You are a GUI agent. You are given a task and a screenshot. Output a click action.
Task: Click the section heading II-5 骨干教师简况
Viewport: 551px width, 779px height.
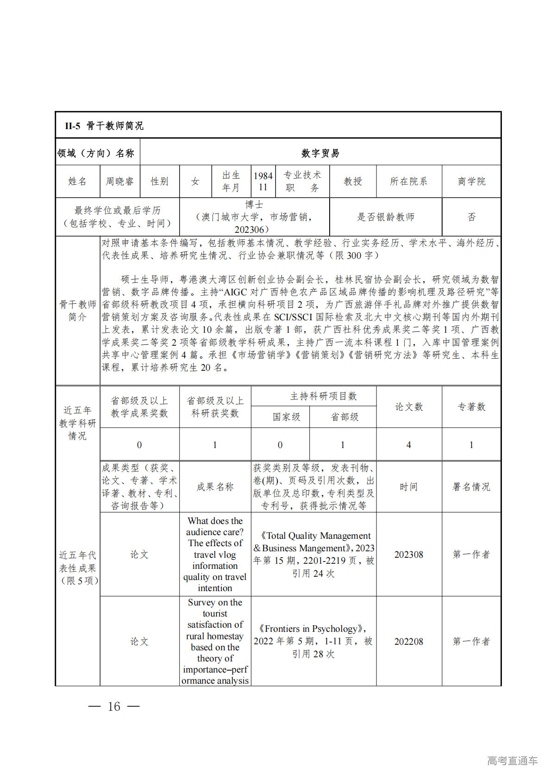[x=104, y=125]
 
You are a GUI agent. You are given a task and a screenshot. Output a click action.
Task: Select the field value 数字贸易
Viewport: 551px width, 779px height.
[x=320, y=153]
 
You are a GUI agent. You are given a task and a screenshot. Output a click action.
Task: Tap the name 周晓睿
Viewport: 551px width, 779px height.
[x=119, y=181]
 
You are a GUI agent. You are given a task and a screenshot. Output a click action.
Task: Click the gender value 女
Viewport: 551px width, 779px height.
[x=195, y=181]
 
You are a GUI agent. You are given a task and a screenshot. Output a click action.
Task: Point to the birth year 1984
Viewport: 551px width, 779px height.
[x=263, y=176]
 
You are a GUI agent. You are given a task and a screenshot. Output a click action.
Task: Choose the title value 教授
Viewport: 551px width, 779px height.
[x=353, y=181]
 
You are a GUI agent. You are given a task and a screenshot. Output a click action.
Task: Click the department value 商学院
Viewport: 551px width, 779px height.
[x=471, y=181]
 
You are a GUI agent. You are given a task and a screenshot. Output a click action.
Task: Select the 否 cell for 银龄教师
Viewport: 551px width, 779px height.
[x=471, y=217]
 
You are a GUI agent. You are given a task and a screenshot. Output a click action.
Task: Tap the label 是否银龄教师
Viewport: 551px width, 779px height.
[x=386, y=217]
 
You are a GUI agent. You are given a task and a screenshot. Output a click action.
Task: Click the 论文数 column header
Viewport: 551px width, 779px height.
[x=409, y=407]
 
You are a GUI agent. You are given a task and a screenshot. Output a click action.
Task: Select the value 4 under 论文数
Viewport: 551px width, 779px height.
[x=409, y=445]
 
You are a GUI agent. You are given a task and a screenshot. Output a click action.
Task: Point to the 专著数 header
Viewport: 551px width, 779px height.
[x=471, y=407]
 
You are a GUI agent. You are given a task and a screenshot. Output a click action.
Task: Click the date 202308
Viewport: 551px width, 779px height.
[x=409, y=555]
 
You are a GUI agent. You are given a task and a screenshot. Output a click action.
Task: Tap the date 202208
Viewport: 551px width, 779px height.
[x=409, y=642]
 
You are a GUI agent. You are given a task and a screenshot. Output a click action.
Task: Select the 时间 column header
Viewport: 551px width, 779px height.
[x=409, y=487]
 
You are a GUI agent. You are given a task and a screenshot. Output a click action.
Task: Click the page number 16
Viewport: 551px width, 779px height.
[x=114, y=706]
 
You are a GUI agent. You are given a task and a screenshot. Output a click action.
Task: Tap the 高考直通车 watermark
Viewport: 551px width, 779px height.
[x=512, y=760]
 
